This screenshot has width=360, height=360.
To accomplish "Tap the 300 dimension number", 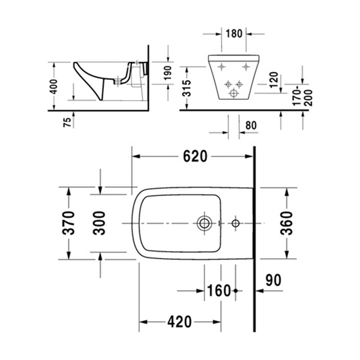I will (x=101, y=223).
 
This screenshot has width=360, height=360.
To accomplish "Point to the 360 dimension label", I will (x=286, y=223).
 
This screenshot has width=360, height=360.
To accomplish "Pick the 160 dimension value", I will (x=219, y=291).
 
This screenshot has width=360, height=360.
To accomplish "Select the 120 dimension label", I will (x=274, y=79).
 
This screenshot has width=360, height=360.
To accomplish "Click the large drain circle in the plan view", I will (x=204, y=223).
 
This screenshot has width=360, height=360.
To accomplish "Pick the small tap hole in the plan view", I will (x=236, y=223).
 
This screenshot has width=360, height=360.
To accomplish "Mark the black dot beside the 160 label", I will (x=236, y=291).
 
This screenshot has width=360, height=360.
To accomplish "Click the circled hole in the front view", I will (x=235, y=94).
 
